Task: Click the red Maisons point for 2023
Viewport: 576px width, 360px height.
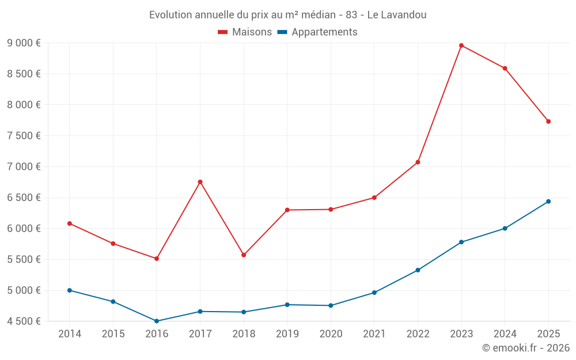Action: (461, 46)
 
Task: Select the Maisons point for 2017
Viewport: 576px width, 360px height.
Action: (200, 182)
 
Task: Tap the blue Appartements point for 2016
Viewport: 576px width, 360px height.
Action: (157, 321)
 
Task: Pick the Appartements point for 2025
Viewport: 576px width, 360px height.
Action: (548, 202)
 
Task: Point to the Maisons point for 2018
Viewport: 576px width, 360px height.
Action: (244, 255)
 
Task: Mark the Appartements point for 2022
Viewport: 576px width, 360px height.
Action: (418, 270)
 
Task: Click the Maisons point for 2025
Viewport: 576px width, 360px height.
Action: (548, 122)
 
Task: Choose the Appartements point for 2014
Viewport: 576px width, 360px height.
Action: (70, 290)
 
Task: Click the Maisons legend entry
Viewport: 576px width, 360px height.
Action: (245, 32)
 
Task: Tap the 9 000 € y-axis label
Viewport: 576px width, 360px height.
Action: (24, 43)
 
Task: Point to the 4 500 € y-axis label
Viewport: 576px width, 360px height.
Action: (24, 321)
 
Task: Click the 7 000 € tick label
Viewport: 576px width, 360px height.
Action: (24, 166)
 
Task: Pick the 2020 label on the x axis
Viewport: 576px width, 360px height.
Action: (331, 334)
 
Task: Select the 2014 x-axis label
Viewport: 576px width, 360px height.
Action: (70, 334)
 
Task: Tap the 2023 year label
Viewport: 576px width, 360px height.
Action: (461, 334)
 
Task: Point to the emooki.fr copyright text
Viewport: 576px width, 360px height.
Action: (526, 348)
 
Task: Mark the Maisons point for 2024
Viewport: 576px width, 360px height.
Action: (505, 69)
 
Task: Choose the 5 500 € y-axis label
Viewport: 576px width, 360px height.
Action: (24, 259)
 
